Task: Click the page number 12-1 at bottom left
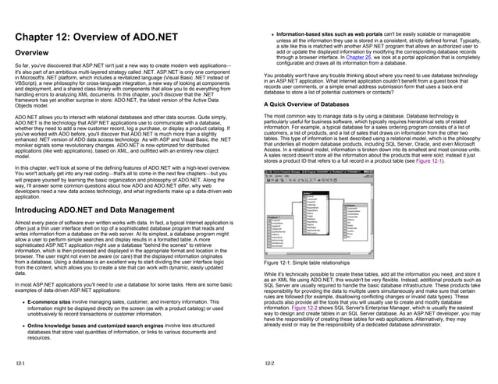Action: tap(20, 365)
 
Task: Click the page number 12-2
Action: tap(269, 365)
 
